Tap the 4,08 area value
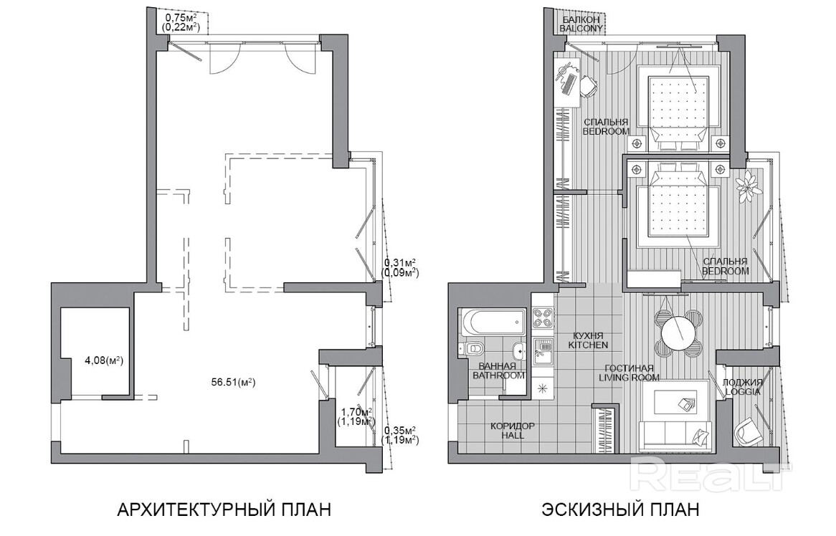coord(104,360)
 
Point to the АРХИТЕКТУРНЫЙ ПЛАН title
coord(224,509)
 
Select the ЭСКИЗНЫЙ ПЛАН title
coord(621,509)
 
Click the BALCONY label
coord(581,28)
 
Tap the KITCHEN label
coord(588,345)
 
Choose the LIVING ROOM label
coord(629,377)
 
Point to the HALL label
coord(513,435)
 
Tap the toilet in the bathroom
coord(471,349)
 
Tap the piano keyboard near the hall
coord(606,429)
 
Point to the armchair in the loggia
coord(747,432)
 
